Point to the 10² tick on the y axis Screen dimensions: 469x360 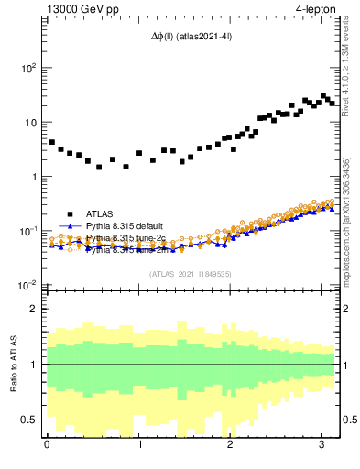[28, 68]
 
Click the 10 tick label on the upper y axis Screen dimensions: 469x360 [30, 122]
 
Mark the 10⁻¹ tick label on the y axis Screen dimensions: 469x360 [28, 231]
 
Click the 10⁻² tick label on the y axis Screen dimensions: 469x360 [28, 286]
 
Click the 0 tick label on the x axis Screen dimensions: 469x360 [46, 446]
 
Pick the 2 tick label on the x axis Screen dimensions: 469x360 [231, 446]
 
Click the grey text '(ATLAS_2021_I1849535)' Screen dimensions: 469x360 [191, 273]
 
